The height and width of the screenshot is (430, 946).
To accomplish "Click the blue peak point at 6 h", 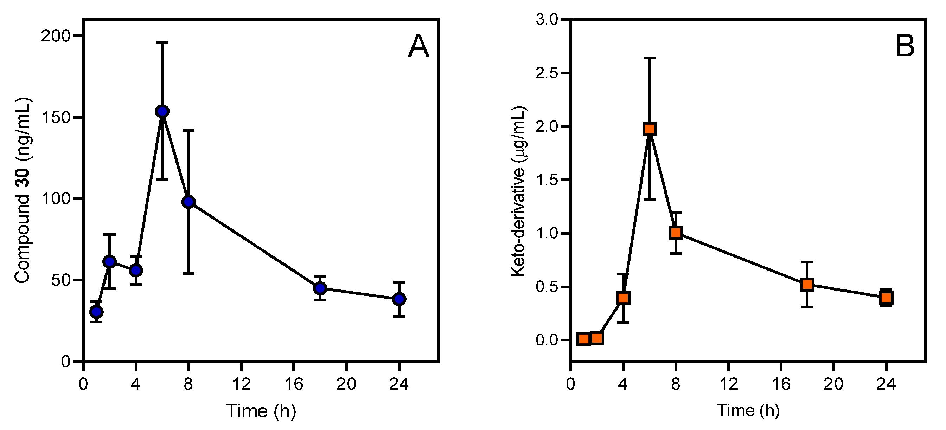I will pyautogui.click(x=162, y=111).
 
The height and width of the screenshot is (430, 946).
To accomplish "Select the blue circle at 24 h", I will pyautogui.click(x=399, y=299).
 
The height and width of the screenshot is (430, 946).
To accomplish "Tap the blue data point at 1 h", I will pyautogui.click(x=97, y=312).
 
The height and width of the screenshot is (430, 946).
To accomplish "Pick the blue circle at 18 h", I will pyautogui.click(x=320, y=288).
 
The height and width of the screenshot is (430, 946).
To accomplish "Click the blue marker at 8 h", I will pyautogui.click(x=188, y=202).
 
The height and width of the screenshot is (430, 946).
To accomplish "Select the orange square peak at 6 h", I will pyautogui.click(x=649, y=129).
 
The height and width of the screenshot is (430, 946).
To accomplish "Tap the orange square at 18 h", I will pyautogui.click(x=807, y=284).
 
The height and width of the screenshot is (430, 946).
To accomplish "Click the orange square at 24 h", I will pyautogui.click(x=886, y=298).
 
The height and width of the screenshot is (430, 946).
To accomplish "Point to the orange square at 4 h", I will pyautogui.click(x=623, y=298).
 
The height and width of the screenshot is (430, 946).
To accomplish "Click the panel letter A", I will pyautogui.click(x=418, y=47).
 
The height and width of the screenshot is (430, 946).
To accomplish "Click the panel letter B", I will pyautogui.click(x=905, y=47).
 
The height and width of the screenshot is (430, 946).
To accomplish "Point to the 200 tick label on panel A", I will pyautogui.click(x=56, y=36).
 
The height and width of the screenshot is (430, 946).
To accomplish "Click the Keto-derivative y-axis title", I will pyautogui.click(x=518, y=191).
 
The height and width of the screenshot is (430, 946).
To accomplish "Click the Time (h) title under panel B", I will pyautogui.click(x=748, y=410).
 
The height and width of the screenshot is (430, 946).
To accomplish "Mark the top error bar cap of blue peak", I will pyautogui.click(x=162, y=43).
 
